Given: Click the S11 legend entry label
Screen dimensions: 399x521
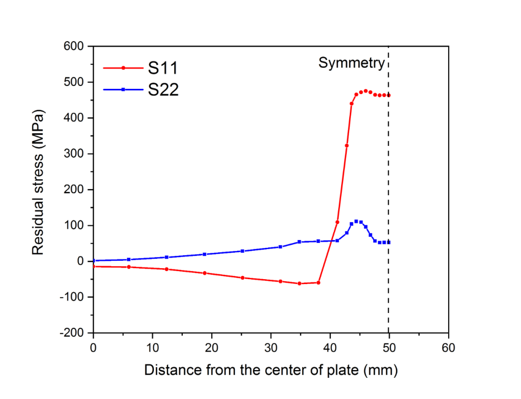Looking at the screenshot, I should point(163,68).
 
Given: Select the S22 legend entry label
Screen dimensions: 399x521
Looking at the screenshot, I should point(163,89).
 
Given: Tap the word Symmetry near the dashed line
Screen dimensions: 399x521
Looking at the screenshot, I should point(351,63).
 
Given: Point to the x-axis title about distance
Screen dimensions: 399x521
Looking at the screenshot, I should point(271,370).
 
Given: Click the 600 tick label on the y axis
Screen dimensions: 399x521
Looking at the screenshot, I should point(76,46).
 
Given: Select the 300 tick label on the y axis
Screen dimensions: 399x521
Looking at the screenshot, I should point(76,154).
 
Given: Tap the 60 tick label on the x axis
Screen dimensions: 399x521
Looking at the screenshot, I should point(448,347).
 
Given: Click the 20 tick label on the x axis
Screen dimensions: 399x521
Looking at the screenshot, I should point(211,347).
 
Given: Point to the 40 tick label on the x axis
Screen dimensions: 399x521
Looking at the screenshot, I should point(330,347).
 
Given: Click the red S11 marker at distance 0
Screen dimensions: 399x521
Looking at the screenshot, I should point(94,266).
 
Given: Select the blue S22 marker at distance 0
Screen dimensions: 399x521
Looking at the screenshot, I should point(94,261).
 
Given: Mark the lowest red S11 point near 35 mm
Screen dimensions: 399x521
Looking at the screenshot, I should point(299,284).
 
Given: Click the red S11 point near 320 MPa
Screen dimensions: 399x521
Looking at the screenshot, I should point(346,145).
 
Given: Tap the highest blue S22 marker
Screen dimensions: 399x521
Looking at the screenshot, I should point(356,221).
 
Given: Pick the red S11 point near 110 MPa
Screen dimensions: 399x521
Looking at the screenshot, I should point(337,222).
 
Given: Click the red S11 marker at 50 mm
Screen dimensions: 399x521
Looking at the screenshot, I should point(388,95).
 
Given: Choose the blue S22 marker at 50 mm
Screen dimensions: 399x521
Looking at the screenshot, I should point(388,242).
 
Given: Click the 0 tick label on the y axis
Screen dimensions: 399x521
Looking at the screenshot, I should point(83,261).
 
